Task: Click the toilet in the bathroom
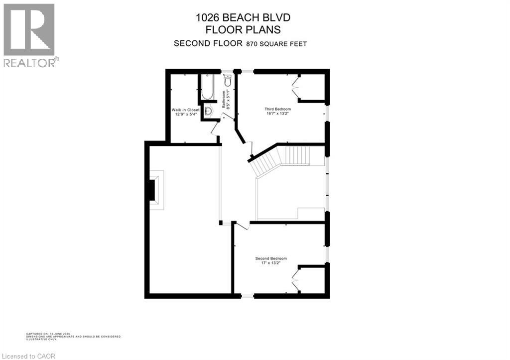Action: click(x=227, y=81)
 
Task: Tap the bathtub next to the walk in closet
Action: click(x=207, y=87)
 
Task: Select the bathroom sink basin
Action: click(x=209, y=112)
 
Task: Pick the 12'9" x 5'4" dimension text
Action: click(x=186, y=114)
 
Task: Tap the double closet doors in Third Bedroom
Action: click(x=295, y=88)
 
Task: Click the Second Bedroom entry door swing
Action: click(x=241, y=226)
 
